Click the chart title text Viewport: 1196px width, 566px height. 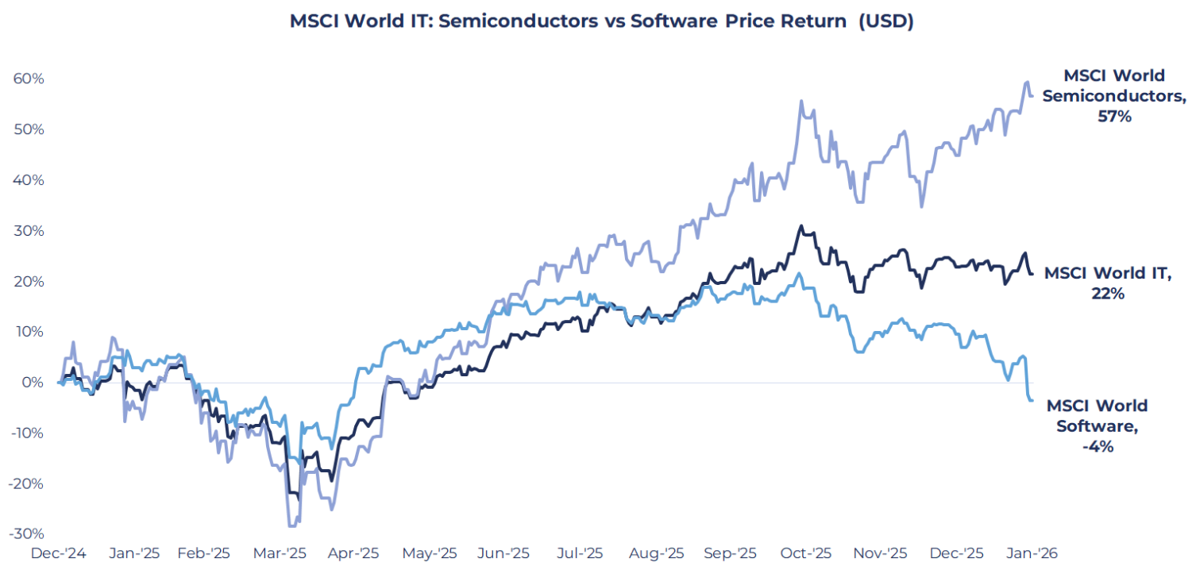click(601, 21)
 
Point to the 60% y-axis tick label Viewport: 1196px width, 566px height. click(28, 79)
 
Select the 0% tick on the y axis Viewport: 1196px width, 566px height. click(32, 382)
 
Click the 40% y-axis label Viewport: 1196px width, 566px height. click(28, 180)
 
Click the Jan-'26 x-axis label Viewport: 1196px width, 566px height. click(1029, 553)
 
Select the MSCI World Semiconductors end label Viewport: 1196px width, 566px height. click(1114, 96)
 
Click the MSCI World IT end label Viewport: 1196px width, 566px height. click(1107, 283)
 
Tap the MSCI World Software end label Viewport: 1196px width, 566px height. click(1097, 426)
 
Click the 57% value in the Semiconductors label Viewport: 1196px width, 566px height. click(1114, 117)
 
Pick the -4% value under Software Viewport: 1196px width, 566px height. click(1097, 447)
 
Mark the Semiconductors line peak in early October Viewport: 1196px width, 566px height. click(801, 101)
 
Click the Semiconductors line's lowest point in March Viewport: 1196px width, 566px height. click(291, 526)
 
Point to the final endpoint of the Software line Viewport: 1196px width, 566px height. click(1032, 399)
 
